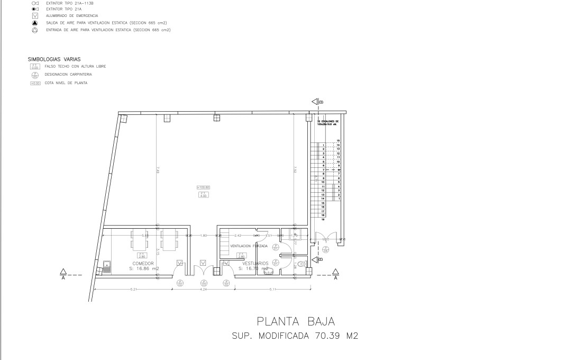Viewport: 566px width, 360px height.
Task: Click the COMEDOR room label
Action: tap(143, 263)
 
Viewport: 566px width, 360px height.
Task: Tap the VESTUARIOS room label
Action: tap(255, 263)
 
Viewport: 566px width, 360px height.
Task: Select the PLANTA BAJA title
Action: tap(296, 321)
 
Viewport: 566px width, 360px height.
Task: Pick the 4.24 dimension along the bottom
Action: tap(203, 289)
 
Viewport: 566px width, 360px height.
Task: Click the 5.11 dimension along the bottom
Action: tap(273, 289)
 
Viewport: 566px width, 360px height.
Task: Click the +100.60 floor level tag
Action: tap(203, 187)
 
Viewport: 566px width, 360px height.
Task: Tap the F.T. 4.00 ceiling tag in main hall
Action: tap(203, 195)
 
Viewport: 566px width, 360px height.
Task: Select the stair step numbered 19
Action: tap(323, 219)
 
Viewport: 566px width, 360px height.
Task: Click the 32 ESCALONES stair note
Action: tap(327, 123)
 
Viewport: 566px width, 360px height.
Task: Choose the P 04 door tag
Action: tap(326, 249)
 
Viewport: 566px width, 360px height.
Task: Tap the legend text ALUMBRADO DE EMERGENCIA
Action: tap(72, 16)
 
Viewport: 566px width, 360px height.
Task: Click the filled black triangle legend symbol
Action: tap(34, 23)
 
